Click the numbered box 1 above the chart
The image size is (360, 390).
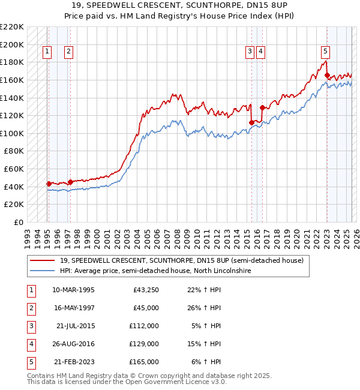tap(47, 52)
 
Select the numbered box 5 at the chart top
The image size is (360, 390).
tap(325, 52)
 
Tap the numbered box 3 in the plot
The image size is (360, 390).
tap(249, 52)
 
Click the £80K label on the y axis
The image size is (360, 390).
tap(14, 151)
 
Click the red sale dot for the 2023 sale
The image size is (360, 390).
tap(327, 76)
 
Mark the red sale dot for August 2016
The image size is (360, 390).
tap(262, 107)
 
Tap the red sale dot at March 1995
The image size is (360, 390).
tap(49, 184)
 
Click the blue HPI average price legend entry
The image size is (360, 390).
tap(155, 271)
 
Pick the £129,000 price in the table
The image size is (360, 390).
tap(144, 344)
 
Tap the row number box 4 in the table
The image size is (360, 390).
tap(31, 344)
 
